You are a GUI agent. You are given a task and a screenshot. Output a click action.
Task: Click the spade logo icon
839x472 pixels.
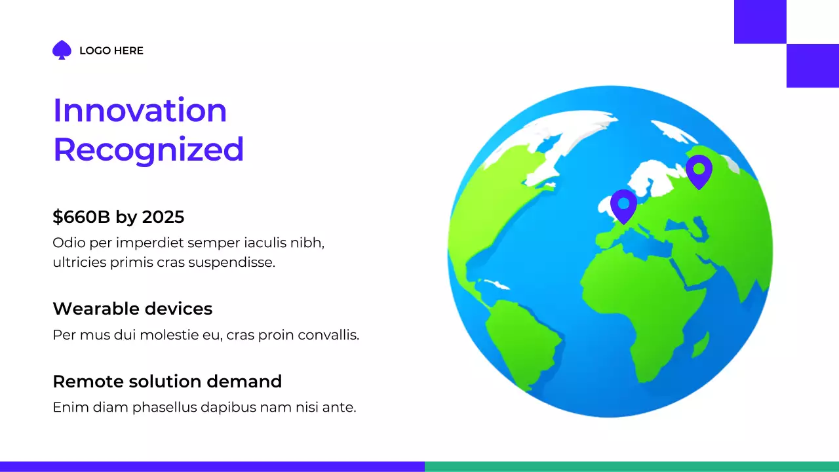[62, 50]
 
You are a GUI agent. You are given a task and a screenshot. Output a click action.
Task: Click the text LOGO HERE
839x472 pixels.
[111, 50]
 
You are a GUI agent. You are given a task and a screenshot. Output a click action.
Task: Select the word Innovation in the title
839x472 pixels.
[140, 110]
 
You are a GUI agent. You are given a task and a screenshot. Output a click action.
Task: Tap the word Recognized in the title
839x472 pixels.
[148, 149]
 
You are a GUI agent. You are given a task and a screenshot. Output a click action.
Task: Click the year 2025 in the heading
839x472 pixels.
[163, 217]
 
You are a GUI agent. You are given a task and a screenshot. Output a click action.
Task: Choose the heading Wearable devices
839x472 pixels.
[132, 309]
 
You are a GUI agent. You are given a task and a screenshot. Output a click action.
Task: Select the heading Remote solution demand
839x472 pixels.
[167, 382]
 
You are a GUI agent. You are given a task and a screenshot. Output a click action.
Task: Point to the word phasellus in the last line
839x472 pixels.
[165, 407]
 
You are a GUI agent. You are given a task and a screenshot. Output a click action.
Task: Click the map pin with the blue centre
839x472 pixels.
[623, 205]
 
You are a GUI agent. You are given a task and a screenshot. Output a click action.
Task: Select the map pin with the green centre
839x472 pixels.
[699, 170]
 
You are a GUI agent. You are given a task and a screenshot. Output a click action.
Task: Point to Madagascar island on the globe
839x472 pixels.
[700, 344]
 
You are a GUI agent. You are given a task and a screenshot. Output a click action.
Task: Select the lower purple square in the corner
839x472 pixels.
[812, 66]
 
